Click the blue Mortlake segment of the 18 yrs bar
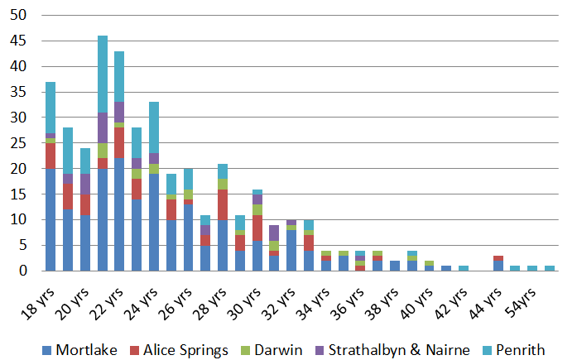coord(50,219)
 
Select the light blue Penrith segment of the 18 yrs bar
coord(50,108)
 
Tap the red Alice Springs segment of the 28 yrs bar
coord(223,204)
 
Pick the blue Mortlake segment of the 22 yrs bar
coord(119,214)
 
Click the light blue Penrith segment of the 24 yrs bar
coord(154,127)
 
